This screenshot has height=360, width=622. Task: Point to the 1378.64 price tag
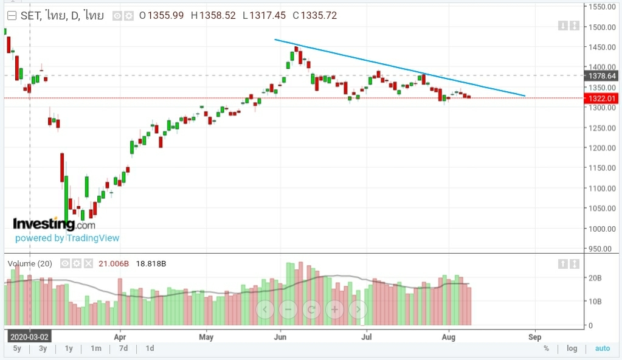click(x=600, y=76)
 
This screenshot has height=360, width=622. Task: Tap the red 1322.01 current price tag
click(x=600, y=98)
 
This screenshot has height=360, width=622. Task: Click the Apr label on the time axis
click(x=120, y=336)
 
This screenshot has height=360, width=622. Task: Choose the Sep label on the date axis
click(x=534, y=336)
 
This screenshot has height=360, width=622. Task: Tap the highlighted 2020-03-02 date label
click(x=29, y=336)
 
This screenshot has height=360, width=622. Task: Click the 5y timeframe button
click(x=16, y=348)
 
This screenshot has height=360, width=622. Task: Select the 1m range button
click(x=95, y=348)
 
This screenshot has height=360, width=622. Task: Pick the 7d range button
click(x=123, y=348)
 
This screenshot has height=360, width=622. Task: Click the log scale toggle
click(x=572, y=348)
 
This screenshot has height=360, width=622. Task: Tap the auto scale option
click(x=602, y=348)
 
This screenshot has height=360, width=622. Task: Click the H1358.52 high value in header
click(x=213, y=16)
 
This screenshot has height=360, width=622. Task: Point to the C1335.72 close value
click(x=314, y=16)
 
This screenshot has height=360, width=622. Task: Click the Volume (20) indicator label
click(x=30, y=263)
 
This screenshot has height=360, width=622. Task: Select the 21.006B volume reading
click(x=115, y=263)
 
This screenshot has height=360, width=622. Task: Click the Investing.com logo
click(x=54, y=224)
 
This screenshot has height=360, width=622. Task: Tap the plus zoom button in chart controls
click(x=334, y=309)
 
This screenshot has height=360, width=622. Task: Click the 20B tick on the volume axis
click(x=595, y=277)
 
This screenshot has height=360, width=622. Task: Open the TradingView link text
click(x=92, y=238)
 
